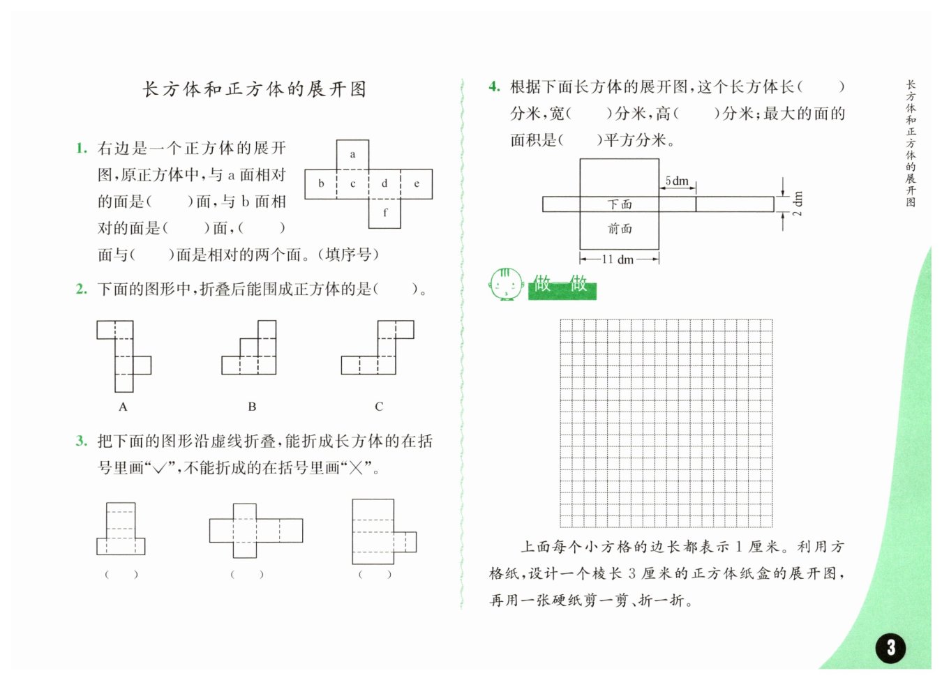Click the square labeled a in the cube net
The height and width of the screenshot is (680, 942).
click(x=352, y=155)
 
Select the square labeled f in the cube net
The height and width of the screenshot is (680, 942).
click(x=384, y=213)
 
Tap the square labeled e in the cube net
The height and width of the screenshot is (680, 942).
click(x=417, y=184)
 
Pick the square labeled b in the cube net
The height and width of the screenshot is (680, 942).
click(x=321, y=184)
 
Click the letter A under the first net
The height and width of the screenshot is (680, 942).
click(x=123, y=407)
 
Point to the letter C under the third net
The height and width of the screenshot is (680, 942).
click(x=379, y=407)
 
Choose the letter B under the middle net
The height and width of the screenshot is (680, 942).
click(x=252, y=407)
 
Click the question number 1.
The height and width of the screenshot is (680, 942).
click(x=82, y=148)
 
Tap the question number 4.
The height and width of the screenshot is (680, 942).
click(x=494, y=86)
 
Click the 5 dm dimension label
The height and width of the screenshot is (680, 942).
click(x=677, y=181)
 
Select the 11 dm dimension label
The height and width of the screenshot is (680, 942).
click(x=618, y=259)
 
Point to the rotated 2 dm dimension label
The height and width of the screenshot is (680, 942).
click(x=798, y=203)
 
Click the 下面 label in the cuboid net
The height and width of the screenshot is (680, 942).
click(x=619, y=204)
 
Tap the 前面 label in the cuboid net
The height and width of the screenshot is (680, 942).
click(x=619, y=229)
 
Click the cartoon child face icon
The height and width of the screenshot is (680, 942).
click(x=506, y=284)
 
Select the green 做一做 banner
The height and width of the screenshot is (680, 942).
click(x=562, y=285)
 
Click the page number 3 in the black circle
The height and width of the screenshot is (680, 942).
click(x=890, y=647)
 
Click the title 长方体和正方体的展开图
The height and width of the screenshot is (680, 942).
click(x=255, y=89)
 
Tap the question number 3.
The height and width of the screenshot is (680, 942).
click(x=82, y=441)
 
